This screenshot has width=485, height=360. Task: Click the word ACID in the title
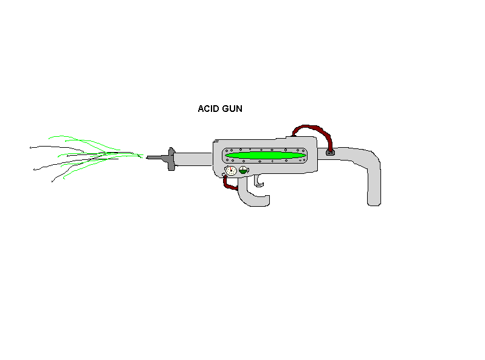click(x=208, y=109)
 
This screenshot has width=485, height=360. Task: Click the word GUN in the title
click(x=232, y=109)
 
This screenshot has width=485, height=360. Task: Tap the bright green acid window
click(x=265, y=156)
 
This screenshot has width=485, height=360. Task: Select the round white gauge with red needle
click(x=231, y=170)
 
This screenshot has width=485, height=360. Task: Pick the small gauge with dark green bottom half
click(x=244, y=170)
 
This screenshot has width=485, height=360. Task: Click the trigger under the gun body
click(x=258, y=181)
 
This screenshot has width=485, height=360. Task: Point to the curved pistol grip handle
click(x=252, y=195)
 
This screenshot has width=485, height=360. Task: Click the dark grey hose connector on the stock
click(x=330, y=152)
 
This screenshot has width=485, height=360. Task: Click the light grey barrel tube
click(x=193, y=159)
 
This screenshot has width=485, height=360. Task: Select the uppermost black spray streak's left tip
click(x=30, y=148)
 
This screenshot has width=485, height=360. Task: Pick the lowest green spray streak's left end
click(x=64, y=178)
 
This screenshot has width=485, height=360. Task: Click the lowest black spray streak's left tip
click(x=52, y=182)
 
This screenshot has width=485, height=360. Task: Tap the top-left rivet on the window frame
click(x=227, y=151)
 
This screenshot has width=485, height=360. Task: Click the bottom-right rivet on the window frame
click(x=304, y=161)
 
